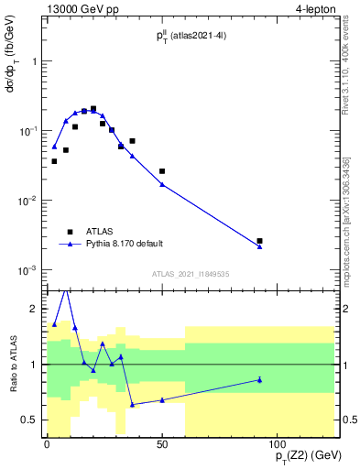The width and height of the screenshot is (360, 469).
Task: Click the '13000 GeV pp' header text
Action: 82,8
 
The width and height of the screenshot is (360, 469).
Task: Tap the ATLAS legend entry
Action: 94,232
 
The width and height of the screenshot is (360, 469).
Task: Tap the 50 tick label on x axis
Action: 162,444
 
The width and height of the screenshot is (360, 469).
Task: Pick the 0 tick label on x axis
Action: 47,444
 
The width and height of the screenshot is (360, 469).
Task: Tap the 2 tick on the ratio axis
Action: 35,309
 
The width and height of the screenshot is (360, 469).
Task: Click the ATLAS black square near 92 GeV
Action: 260,241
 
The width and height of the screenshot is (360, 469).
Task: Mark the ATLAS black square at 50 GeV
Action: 162,171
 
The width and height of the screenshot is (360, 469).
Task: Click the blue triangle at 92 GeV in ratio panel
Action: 260,379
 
